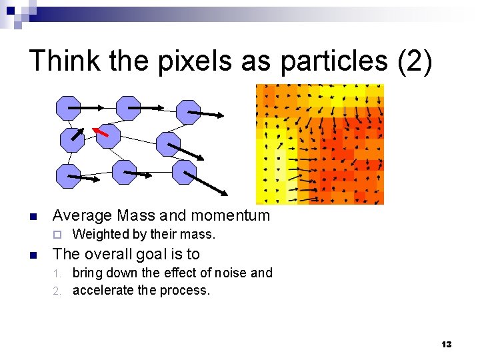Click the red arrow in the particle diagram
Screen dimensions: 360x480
click(100, 131)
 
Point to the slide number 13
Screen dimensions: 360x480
click(446, 344)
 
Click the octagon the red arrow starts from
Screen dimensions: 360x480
click(108, 136)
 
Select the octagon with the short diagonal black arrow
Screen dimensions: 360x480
click(72, 139)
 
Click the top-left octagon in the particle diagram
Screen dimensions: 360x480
click(68, 108)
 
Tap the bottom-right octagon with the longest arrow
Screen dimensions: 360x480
click(185, 171)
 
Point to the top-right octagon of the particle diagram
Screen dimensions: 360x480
click(189, 112)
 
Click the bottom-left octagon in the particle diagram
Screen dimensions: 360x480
click(68, 175)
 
